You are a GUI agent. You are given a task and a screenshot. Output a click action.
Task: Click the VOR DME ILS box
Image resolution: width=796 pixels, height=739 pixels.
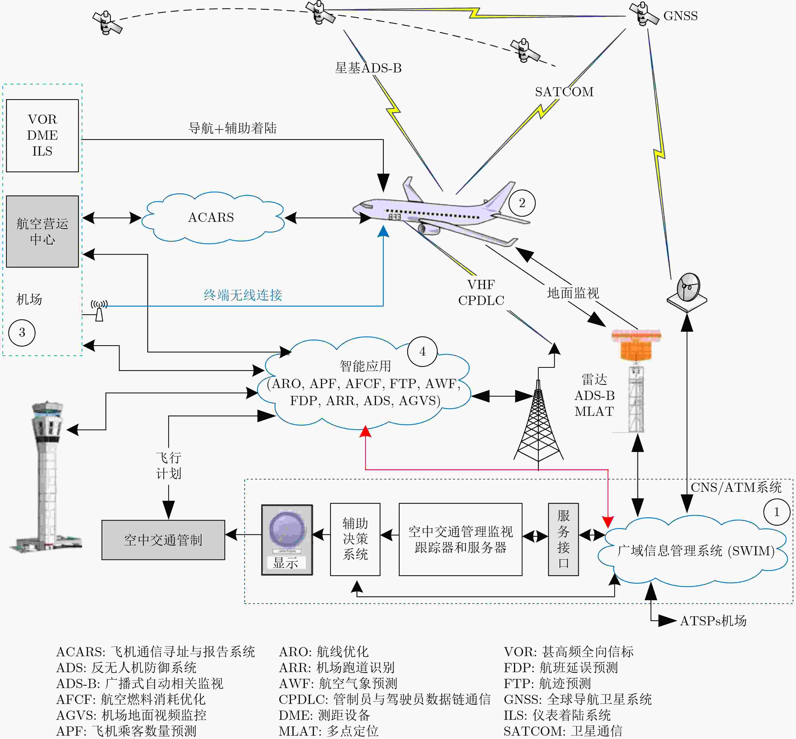[42, 135]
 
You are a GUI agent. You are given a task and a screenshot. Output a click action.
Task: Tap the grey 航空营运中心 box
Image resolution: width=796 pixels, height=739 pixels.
[42, 232]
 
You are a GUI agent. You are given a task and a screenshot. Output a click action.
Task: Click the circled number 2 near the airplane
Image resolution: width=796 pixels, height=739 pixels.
[522, 203]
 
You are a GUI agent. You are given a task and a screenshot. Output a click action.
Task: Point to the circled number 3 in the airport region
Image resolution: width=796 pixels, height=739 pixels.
[22, 332]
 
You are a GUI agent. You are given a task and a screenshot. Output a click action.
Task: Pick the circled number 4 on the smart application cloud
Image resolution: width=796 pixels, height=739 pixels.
[422, 352]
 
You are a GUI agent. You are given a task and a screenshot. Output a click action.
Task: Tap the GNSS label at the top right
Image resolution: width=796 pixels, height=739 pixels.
[680, 16]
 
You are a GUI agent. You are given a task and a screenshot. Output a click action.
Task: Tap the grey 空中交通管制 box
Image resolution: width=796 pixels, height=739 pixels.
[163, 540]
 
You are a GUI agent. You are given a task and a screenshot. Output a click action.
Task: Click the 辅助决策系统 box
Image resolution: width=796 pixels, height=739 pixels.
[355, 539]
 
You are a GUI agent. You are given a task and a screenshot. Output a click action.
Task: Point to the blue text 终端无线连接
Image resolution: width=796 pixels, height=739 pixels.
[243, 295]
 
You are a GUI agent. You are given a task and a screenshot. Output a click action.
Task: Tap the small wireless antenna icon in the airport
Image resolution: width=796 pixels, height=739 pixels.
[99, 310]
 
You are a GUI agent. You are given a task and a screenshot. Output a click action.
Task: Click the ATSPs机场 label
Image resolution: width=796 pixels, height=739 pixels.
[713, 621]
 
